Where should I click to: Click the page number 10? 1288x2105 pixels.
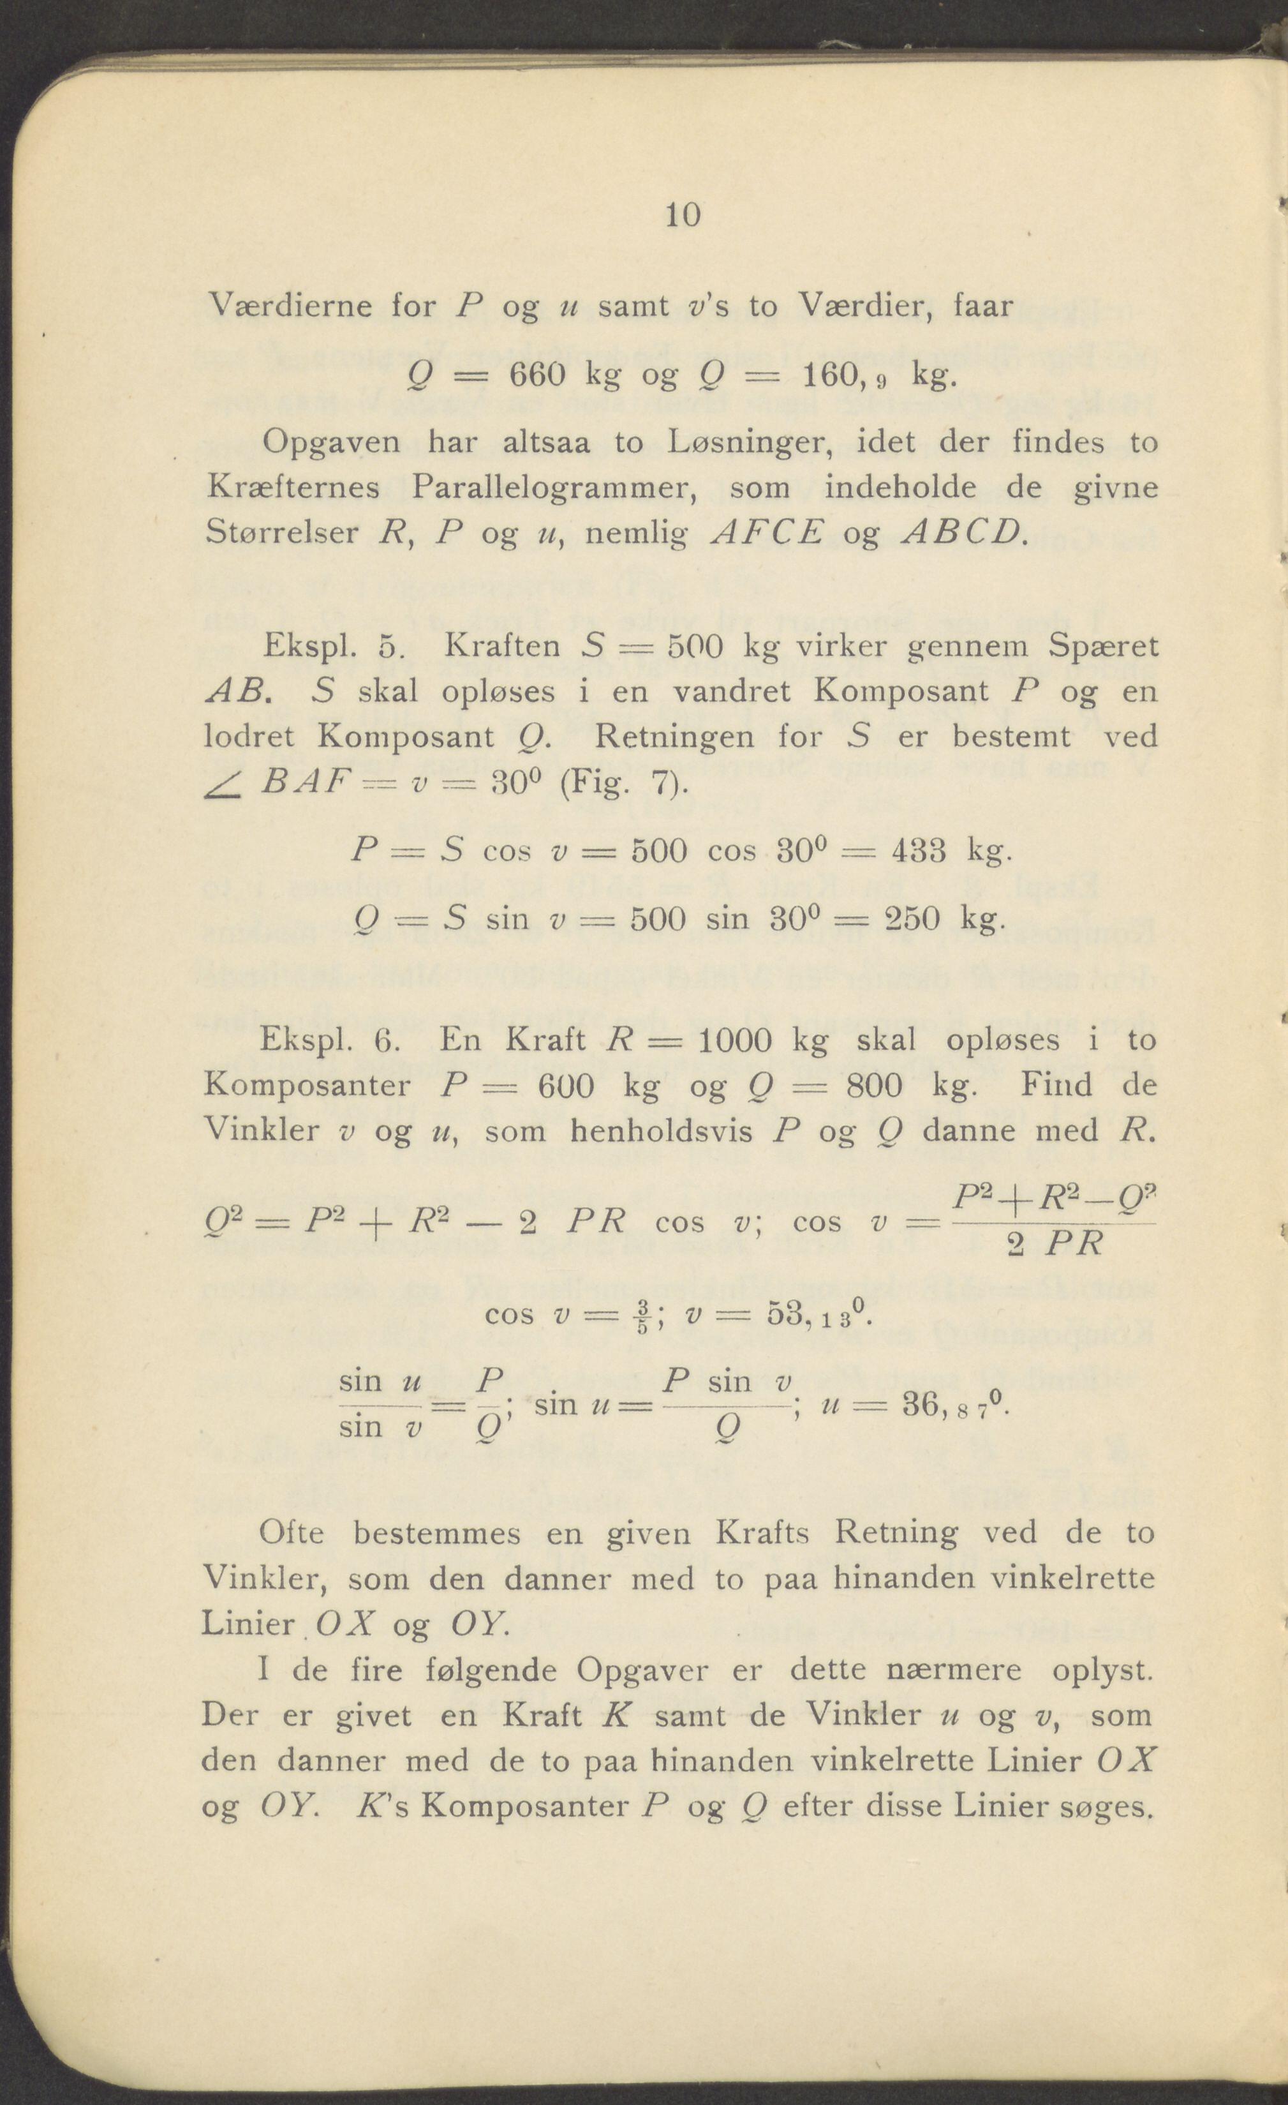683,215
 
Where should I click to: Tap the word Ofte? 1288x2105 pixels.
292,1534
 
